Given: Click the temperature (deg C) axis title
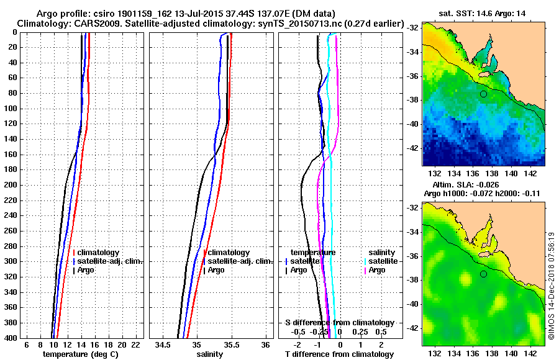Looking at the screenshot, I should click(80, 354).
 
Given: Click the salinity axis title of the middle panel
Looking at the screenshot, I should click(212, 354).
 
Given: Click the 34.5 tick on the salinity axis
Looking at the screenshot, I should click(163, 344).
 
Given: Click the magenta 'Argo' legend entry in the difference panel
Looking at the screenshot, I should click(376, 270).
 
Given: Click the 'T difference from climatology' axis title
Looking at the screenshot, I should click(339, 354).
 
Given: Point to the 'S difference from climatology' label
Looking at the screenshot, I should click(339, 323).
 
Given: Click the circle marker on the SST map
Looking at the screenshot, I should click(483, 94).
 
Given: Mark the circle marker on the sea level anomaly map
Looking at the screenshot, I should click(483, 274).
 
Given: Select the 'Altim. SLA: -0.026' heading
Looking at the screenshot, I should click(470, 186).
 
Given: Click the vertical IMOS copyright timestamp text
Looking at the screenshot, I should click(551, 282).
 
